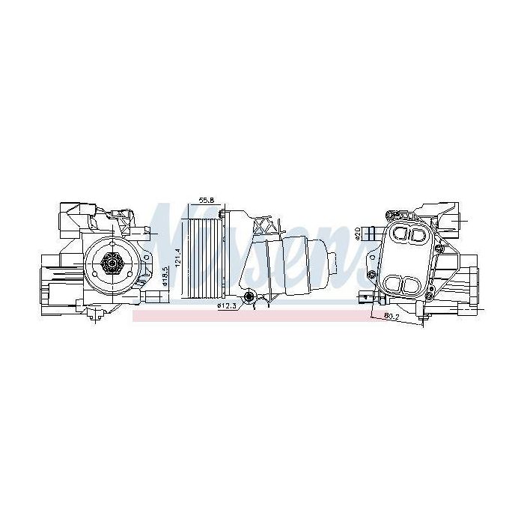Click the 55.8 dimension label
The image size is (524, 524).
(207, 201)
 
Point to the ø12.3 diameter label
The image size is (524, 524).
(226, 305)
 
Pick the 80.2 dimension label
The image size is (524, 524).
(390, 317)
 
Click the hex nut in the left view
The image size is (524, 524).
(111, 262)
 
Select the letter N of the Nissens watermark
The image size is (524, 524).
(166, 225)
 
